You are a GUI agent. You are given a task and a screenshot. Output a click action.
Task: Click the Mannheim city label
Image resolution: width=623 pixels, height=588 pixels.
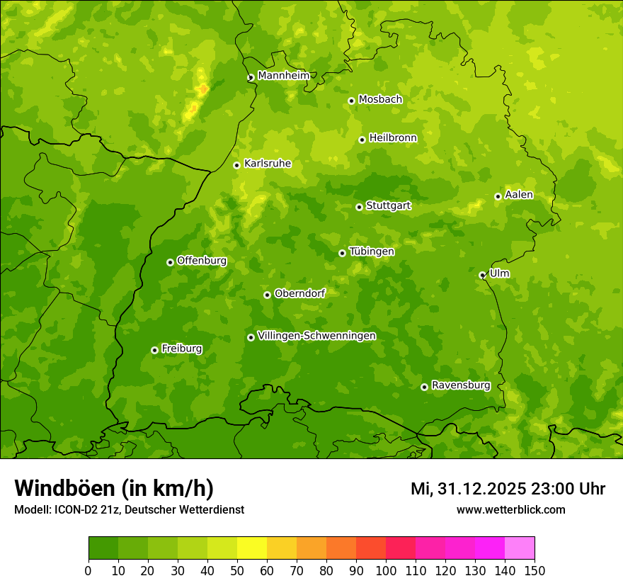pyautogui.click(x=283, y=76)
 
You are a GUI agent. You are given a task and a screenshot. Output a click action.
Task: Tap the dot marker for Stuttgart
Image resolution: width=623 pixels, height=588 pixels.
pyautogui.click(x=359, y=207)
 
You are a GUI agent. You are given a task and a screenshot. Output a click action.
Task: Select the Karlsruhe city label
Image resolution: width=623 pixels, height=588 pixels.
pyautogui.click(x=267, y=164)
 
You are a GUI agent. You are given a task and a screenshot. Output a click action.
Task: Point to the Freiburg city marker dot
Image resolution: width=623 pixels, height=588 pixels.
pyautogui.click(x=154, y=350)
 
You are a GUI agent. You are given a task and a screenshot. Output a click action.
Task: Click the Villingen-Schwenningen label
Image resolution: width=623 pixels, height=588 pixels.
pyautogui.click(x=316, y=336)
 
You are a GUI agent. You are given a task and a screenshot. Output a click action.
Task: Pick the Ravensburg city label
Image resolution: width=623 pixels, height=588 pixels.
pyautogui.click(x=460, y=385)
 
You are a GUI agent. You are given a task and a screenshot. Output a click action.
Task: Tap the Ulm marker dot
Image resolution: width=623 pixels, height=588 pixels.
pyautogui.click(x=482, y=275)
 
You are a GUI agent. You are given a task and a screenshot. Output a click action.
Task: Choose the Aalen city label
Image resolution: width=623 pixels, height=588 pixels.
pyautogui.click(x=518, y=195)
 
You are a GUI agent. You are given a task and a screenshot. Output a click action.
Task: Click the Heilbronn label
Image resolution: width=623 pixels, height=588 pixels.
pyautogui.click(x=393, y=138)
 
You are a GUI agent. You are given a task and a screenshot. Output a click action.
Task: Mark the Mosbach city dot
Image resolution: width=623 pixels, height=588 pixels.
pyautogui.click(x=351, y=101)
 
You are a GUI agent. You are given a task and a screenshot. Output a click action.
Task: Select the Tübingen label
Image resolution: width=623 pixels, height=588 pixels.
pyautogui.click(x=371, y=251)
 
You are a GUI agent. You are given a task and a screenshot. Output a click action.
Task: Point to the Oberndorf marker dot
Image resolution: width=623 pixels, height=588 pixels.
pyautogui.click(x=267, y=295)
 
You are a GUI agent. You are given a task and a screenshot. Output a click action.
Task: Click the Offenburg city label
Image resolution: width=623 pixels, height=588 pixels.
pyautogui.click(x=202, y=261)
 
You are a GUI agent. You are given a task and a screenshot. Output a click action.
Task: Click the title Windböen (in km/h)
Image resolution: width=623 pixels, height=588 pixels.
pyautogui.click(x=114, y=488)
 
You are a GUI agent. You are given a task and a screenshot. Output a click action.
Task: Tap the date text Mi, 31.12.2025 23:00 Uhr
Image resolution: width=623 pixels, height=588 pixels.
pyautogui.click(x=508, y=489)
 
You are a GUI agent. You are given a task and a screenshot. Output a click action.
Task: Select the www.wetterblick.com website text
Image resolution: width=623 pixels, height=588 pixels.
pyautogui.click(x=510, y=509)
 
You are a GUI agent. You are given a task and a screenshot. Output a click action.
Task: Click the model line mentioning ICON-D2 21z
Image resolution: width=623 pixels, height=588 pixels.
pyautogui.click(x=129, y=509)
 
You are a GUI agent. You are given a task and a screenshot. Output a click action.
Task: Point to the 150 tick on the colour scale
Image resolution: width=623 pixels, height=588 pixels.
pyautogui.click(x=535, y=571)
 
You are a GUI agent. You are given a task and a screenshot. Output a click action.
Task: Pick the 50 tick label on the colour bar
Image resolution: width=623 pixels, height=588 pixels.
pyautogui.click(x=236, y=571)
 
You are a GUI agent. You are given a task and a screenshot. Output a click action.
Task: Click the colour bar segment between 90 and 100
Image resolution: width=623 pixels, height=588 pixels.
pyautogui.click(x=370, y=548)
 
